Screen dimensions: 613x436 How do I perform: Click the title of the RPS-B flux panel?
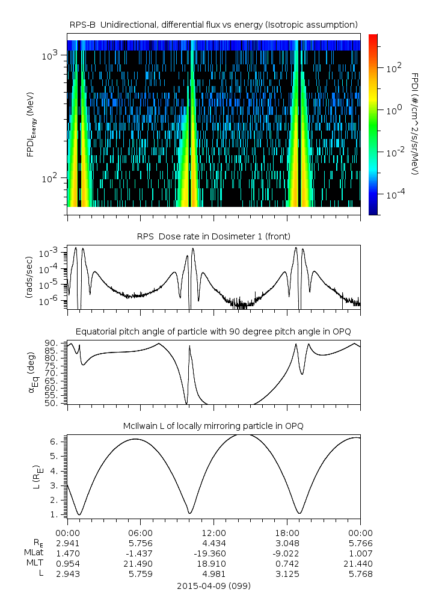pos(213,24)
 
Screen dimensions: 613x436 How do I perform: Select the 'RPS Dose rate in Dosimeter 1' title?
pos(213,235)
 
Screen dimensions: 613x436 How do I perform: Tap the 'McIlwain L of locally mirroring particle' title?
pos(213,426)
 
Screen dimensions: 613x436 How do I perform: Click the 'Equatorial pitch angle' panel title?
pos(213,331)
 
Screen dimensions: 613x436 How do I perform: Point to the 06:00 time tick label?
pos(140,532)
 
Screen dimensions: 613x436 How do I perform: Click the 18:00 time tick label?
pos(287,532)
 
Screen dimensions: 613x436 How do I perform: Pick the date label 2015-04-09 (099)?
pos(213,585)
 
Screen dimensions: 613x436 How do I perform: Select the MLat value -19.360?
pos(213,553)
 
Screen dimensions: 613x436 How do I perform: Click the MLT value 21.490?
pos(140,563)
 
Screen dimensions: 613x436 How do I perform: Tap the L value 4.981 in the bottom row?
pos(213,573)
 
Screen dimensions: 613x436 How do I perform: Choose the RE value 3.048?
pos(287,543)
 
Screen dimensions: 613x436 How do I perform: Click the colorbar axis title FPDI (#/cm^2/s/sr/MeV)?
pos(414,124)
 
